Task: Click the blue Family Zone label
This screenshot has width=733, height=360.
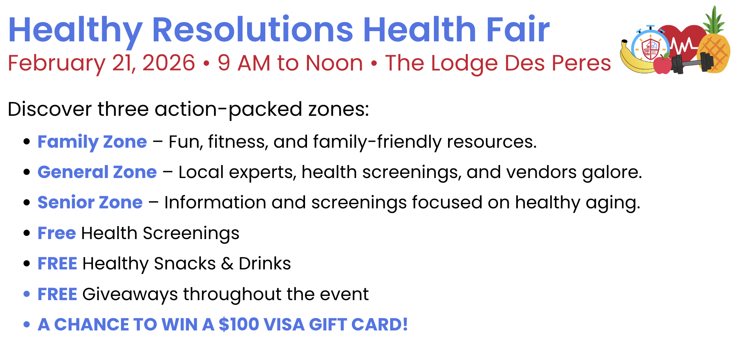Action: click(92, 142)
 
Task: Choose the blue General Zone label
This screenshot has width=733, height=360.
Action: click(97, 172)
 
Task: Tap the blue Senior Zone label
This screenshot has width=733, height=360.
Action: click(90, 202)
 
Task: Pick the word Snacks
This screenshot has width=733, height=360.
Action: click(185, 264)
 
